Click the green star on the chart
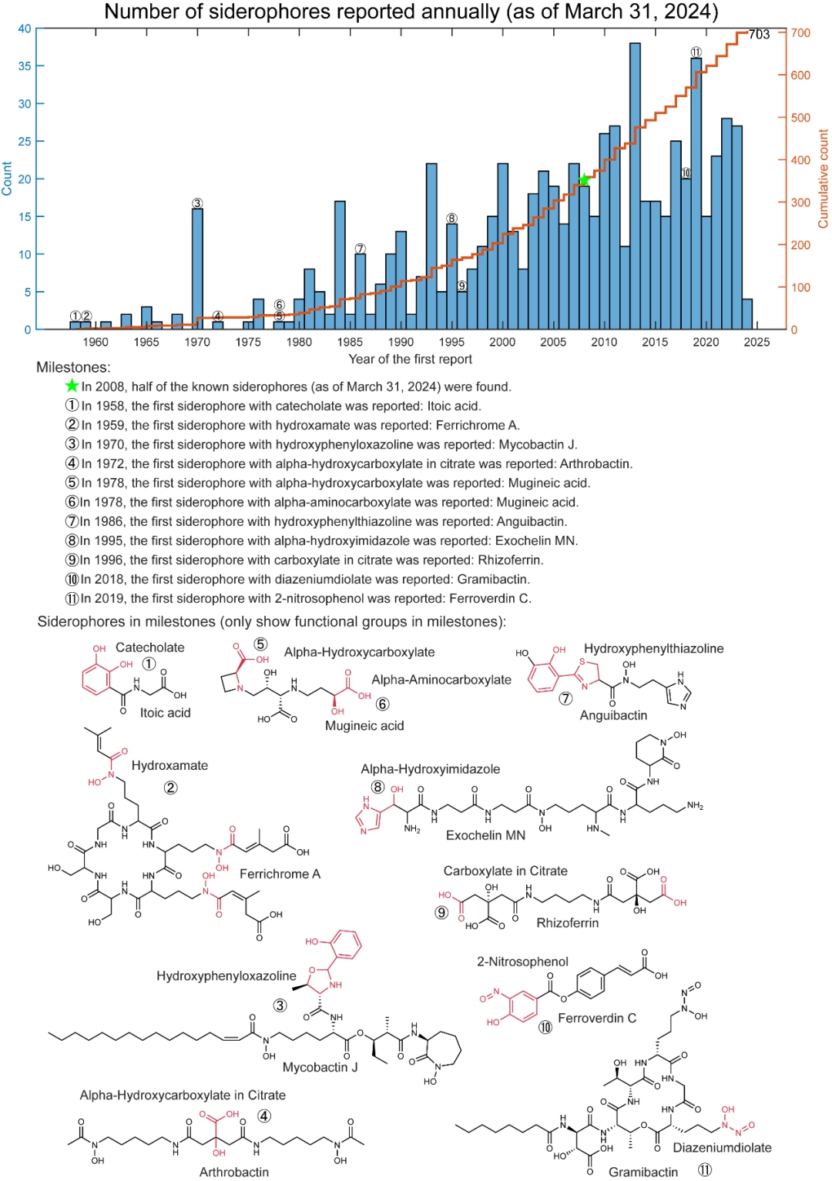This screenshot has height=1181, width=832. point(584,180)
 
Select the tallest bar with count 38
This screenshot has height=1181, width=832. point(635,185)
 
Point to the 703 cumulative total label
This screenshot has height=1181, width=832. point(759,34)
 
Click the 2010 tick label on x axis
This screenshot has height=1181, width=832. point(604,342)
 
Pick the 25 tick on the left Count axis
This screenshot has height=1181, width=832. point(25,141)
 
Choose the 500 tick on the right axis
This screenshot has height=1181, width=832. point(800,118)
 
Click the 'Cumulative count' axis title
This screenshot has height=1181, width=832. point(823,179)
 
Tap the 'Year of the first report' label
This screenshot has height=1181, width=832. point(410,359)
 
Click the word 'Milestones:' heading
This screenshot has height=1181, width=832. point(73,367)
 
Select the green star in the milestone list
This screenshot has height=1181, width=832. point(72,386)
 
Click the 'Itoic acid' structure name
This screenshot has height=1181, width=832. point(165,713)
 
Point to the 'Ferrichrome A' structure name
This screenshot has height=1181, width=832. point(280,874)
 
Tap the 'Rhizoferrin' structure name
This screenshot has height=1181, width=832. point(567,922)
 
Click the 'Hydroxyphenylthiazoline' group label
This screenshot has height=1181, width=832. point(653,648)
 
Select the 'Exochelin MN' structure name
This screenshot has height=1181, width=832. point(485,835)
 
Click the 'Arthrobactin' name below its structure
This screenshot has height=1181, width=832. point(234,1172)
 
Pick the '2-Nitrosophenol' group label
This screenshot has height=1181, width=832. point(522,962)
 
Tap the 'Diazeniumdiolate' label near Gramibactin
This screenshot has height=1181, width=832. point(722,1147)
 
